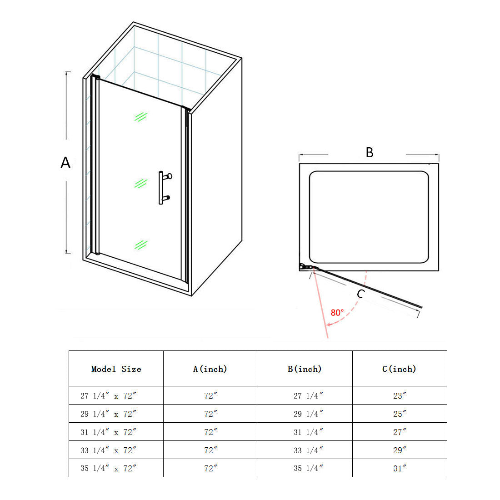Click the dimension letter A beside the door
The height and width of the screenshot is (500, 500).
click(x=65, y=162)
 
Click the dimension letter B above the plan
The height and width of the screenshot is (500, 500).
click(x=370, y=153)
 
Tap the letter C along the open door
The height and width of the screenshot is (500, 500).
click(x=360, y=294)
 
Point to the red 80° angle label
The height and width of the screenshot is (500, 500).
click(x=337, y=313)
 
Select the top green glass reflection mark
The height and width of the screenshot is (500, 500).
click(x=141, y=117)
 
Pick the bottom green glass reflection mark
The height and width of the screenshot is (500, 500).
click(x=141, y=245)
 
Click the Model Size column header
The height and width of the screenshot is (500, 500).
click(x=116, y=369)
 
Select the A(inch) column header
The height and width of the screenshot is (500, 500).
click(x=210, y=369)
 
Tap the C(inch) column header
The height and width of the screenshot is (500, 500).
click(x=399, y=369)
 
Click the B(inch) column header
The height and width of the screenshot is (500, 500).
click(x=305, y=369)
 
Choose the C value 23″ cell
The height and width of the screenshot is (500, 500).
click(x=399, y=395)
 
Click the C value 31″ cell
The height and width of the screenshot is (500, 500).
click(x=399, y=468)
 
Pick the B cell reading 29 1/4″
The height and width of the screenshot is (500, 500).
click(x=308, y=414)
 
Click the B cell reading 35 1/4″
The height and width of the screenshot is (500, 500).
click(x=308, y=468)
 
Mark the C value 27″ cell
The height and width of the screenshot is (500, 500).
click(x=399, y=432)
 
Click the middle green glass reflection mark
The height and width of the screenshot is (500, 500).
click(x=141, y=183)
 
